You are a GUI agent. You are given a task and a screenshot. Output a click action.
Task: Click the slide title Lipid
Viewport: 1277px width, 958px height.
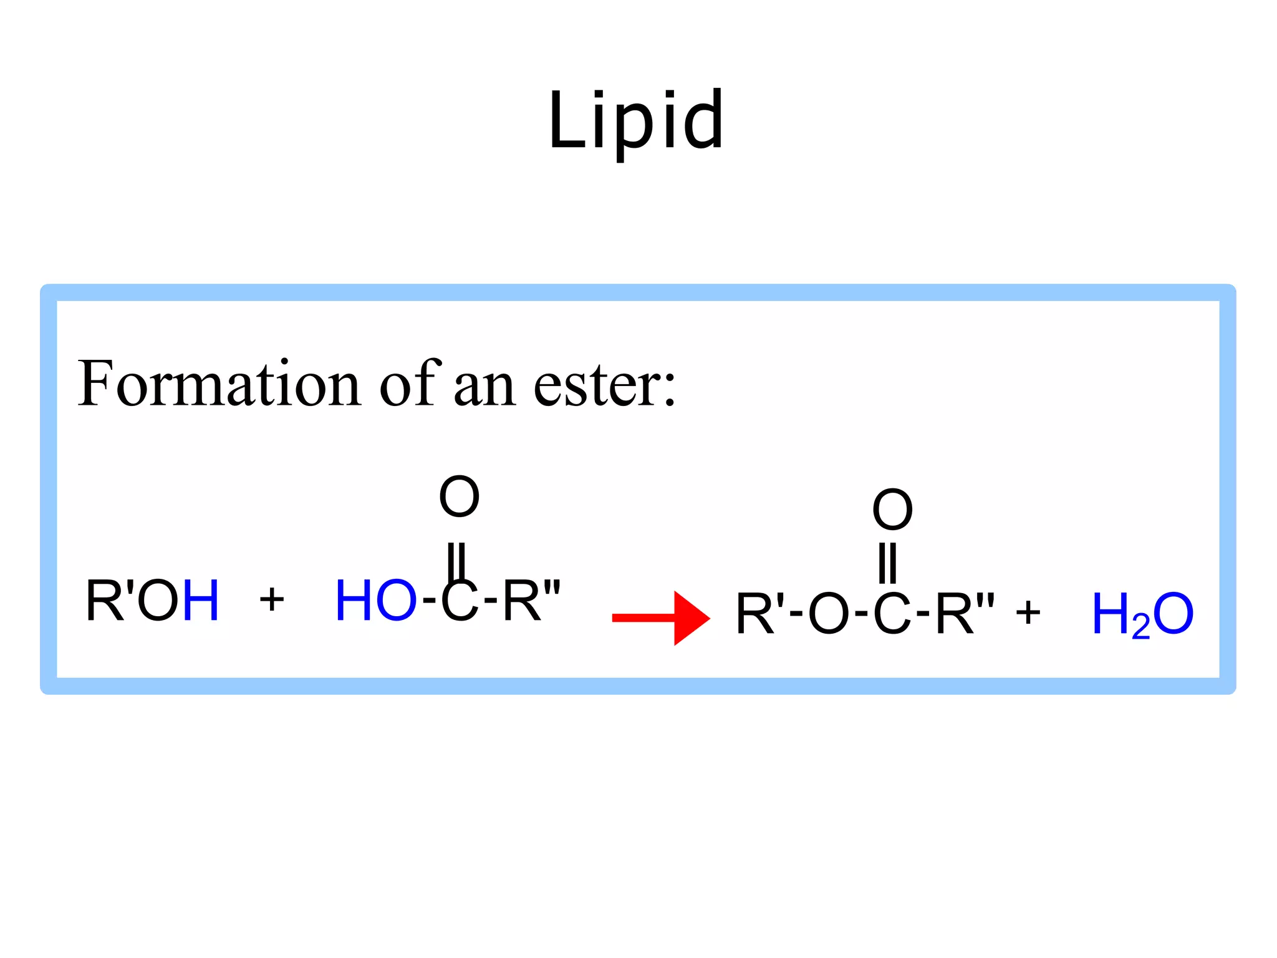click(x=636, y=122)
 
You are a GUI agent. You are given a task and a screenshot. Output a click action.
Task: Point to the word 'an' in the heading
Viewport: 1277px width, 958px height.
click(x=484, y=387)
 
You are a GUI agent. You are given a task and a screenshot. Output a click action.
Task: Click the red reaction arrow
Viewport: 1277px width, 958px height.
click(x=661, y=617)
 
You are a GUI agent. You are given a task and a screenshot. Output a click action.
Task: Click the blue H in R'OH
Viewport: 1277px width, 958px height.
click(x=201, y=601)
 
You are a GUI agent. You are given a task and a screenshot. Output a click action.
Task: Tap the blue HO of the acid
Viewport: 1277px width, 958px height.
click(x=375, y=601)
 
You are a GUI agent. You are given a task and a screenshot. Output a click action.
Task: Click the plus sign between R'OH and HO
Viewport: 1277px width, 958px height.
click(x=272, y=601)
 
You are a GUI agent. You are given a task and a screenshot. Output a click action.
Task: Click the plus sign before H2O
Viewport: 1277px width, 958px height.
click(x=1028, y=612)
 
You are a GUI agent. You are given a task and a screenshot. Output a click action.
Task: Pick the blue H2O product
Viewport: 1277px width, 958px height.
click(x=1142, y=615)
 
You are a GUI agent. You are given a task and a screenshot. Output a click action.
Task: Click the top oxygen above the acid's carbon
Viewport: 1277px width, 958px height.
click(x=459, y=497)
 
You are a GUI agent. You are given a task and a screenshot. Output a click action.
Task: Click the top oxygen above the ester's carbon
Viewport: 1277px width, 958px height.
click(x=892, y=510)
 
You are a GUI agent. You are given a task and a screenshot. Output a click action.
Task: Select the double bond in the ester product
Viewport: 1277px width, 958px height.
click(x=887, y=563)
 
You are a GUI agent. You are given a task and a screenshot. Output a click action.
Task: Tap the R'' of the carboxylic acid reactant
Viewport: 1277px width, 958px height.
click(x=531, y=601)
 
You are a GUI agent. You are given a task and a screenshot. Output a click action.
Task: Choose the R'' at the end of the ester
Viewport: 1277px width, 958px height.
click(x=965, y=614)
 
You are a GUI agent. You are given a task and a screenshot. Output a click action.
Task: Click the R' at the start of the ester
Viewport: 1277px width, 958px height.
click(x=759, y=614)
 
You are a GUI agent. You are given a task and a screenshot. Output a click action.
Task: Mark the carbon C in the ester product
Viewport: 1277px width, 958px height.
click(x=892, y=614)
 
